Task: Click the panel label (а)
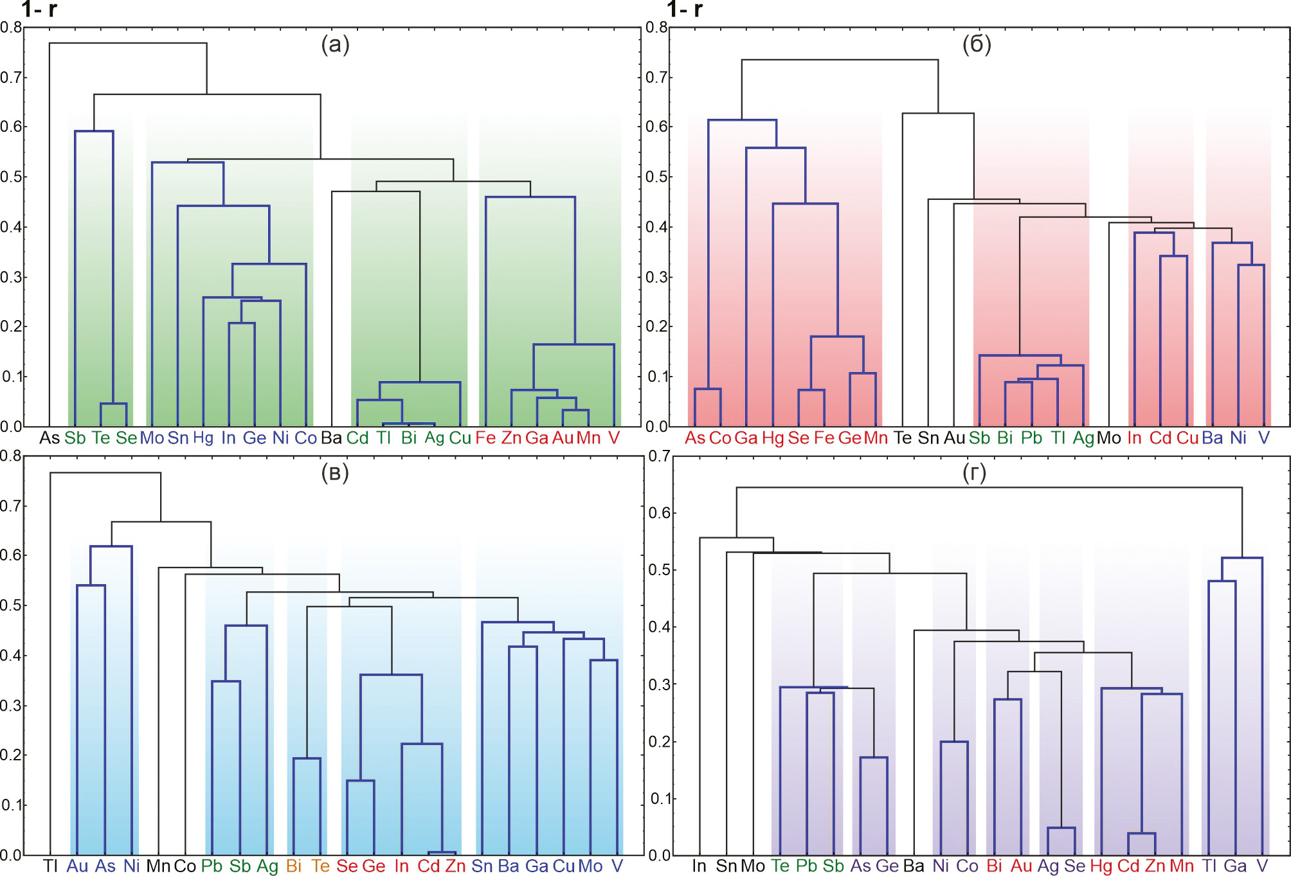pos(335,45)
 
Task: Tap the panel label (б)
pos(977,45)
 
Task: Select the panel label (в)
pos(335,473)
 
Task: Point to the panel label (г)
pos(975,473)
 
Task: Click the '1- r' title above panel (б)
pos(685,10)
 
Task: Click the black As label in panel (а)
pos(50,438)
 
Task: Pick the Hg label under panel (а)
pos(203,438)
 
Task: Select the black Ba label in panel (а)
pos(331,438)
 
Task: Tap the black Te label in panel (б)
pos(903,438)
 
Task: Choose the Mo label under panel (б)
pos(1108,438)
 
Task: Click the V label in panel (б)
pos(1264,438)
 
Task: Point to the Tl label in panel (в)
pos(50,866)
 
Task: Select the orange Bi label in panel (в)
pos(294,866)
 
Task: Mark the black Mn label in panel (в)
pos(158,866)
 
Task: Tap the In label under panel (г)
pos(699,866)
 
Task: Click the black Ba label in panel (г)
pos(914,866)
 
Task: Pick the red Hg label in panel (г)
pos(1101,866)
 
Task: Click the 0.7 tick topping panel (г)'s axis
pos(659,456)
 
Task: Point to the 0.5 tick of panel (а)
pos(11,177)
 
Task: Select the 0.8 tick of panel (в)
pos(11,456)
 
